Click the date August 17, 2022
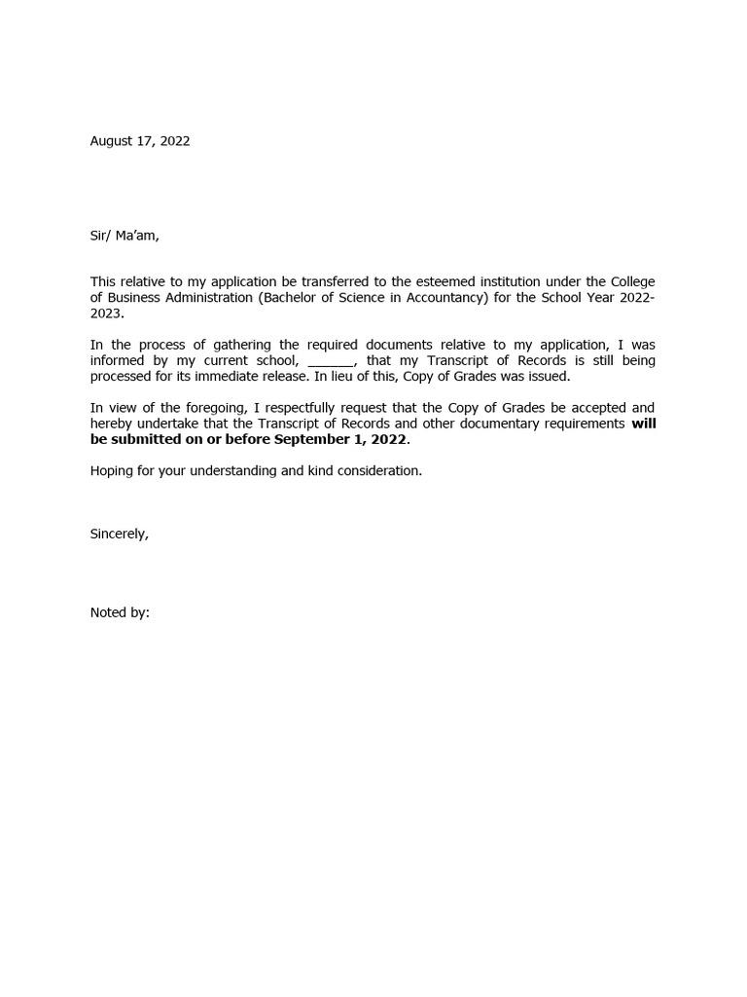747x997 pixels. pyautogui.click(x=140, y=141)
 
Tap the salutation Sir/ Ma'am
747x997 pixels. pyautogui.click(x=124, y=235)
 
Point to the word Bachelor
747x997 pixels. pyautogui.click(x=290, y=298)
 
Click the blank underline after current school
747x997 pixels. pyautogui.click(x=331, y=361)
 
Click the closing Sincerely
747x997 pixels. pyautogui.click(x=120, y=534)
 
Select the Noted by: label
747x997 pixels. pyautogui.click(x=120, y=612)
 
